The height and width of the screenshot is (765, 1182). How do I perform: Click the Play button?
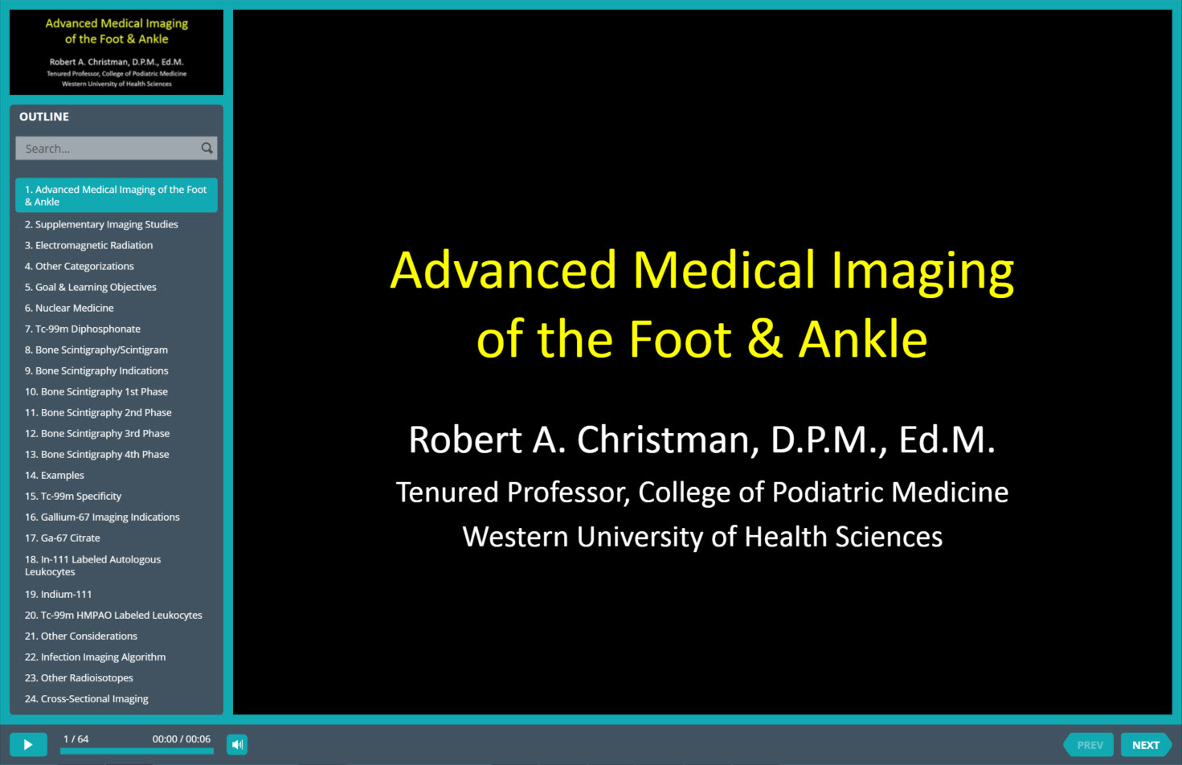pyautogui.click(x=28, y=744)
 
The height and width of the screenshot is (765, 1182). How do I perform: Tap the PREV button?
pyautogui.click(x=1089, y=745)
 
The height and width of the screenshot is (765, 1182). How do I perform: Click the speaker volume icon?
pyautogui.click(x=237, y=744)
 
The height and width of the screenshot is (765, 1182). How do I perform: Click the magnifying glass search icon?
pyautogui.click(x=207, y=148)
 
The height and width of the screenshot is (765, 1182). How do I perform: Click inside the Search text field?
pyautogui.click(x=108, y=148)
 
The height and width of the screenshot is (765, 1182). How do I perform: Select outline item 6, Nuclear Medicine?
pyautogui.click(x=69, y=308)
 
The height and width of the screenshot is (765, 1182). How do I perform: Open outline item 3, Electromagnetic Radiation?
pyautogui.click(x=88, y=245)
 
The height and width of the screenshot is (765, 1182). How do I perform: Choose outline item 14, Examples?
pyautogui.click(x=55, y=476)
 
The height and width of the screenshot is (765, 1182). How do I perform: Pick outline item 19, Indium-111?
pyautogui.click(x=58, y=594)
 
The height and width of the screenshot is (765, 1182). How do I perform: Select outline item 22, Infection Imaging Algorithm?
pyautogui.click(x=95, y=657)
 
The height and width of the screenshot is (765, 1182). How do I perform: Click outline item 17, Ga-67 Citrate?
pyautogui.click(x=62, y=538)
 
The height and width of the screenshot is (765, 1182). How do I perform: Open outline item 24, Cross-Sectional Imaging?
pyautogui.click(x=87, y=698)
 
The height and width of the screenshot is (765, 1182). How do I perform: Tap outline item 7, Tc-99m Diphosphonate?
pyautogui.click(x=82, y=329)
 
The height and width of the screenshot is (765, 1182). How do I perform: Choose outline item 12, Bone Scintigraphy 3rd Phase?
pyautogui.click(x=97, y=434)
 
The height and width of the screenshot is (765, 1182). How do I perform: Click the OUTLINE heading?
pyautogui.click(x=44, y=117)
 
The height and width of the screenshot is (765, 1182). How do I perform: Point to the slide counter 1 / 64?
pyautogui.click(x=76, y=739)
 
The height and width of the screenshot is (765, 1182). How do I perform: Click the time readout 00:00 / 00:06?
pyautogui.click(x=181, y=739)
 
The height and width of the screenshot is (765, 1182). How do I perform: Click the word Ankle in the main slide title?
pyautogui.click(x=863, y=339)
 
